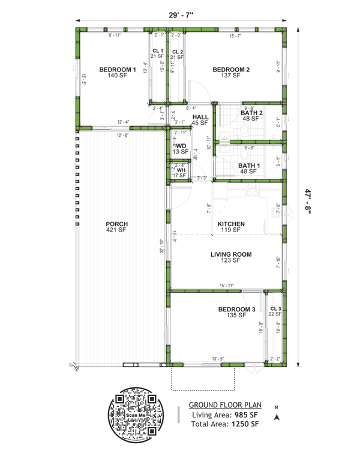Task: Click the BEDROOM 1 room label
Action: (118, 70)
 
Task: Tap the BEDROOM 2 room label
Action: (231, 70)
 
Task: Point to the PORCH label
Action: (118, 224)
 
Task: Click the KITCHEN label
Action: (231, 224)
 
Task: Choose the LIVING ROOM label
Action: (231, 254)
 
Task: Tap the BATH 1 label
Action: (250, 165)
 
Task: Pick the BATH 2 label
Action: (250, 113)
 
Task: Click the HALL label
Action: (200, 117)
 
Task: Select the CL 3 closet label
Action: (275, 308)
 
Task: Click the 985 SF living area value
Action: (246, 414)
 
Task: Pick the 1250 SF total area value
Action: (246, 424)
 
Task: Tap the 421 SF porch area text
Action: (118, 230)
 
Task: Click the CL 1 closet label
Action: (158, 51)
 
